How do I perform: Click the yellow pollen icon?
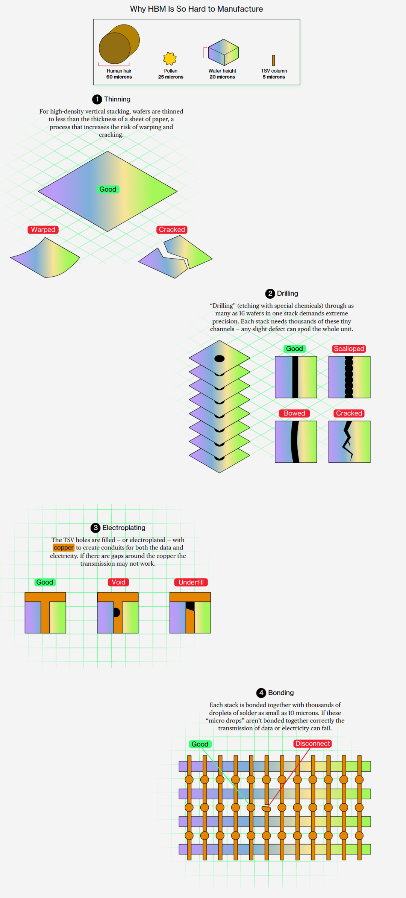click(x=170, y=58)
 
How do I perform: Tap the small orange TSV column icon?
click(x=273, y=60)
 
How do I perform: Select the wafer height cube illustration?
click(x=223, y=52)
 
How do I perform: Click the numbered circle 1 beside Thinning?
click(x=97, y=99)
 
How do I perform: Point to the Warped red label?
click(x=43, y=230)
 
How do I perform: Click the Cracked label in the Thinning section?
click(x=172, y=230)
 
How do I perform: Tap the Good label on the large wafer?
click(x=108, y=189)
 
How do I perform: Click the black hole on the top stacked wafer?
click(x=220, y=359)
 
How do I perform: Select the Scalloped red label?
click(x=349, y=349)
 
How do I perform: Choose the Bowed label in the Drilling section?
click(x=294, y=413)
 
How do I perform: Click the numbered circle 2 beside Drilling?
click(x=270, y=294)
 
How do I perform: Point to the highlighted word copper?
click(x=64, y=548)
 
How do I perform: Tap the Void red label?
click(x=118, y=582)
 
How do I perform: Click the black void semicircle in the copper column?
click(x=117, y=612)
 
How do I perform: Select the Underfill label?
click(x=191, y=582)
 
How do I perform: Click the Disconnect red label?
click(x=313, y=744)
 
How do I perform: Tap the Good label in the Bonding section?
click(x=200, y=744)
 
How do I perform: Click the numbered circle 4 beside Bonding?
click(x=261, y=693)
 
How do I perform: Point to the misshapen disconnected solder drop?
click(x=266, y=809)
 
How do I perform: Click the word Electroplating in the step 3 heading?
click(x=124, y=528)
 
